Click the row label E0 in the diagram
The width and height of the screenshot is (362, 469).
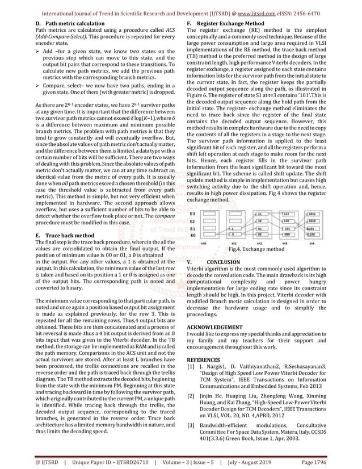[193, 234]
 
